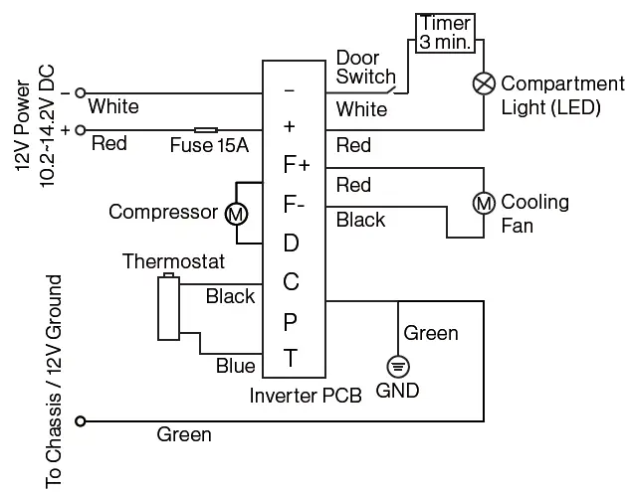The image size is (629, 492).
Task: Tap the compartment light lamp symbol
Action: click(483, 84)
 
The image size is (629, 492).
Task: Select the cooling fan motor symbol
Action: click(483, 203)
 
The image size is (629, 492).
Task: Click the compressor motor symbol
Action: click(236, 213)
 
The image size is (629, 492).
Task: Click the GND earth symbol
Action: click(396, 365)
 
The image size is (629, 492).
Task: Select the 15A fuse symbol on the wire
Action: click(207, 129)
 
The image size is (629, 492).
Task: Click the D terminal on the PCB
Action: click(291, 244)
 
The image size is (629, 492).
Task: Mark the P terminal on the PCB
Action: click(291, 321)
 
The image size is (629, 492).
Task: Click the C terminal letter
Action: click(291, 282)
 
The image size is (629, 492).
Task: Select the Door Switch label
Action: click(365, 67)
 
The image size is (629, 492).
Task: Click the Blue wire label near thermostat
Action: click(235, 366)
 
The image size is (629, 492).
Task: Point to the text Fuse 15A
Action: click(208, 146)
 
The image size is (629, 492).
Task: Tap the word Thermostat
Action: click(173, 262)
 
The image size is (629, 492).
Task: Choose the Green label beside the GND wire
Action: click(431, 333)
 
